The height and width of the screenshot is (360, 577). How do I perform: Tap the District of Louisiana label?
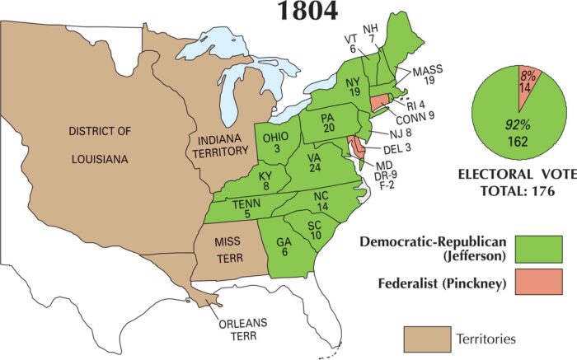(100, 144)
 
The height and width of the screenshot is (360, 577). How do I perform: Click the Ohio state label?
(274, 142)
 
